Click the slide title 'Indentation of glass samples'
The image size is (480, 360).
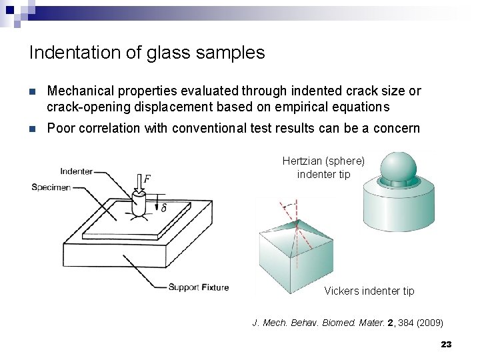coord(147,53)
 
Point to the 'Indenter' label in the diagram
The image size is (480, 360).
coord(77,171)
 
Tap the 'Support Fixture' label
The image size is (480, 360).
coord(198,287)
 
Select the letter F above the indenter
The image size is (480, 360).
coord(147,179)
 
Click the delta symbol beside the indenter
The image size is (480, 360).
coord(163,208)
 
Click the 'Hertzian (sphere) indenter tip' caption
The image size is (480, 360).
coord(323,167)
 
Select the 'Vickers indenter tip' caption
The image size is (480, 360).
coord(369,291)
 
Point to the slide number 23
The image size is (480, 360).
coord(446,344)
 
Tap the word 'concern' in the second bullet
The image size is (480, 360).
coord(397,128)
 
